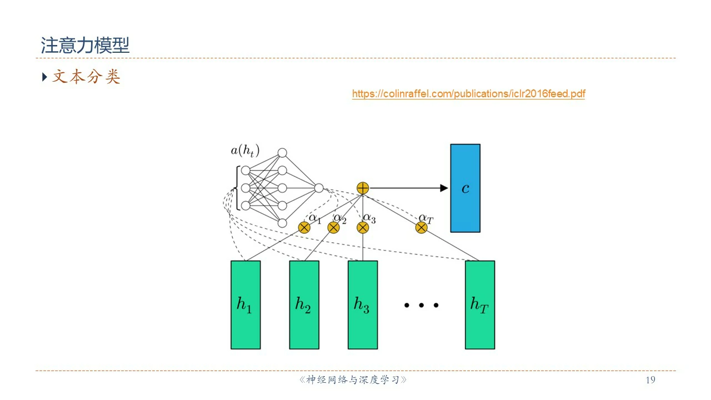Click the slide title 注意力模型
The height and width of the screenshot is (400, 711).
(x=85, y=46)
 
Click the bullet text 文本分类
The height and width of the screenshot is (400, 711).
(x=86, y=77)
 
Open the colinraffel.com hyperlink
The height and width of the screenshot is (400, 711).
(x=468, y=94)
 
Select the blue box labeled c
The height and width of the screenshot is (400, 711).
(x=465, y=188)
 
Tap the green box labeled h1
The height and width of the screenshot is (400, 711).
(x=246, y=305)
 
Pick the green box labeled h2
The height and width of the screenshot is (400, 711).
(x=304, y=305)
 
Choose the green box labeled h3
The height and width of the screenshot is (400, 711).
(x=363, y=305)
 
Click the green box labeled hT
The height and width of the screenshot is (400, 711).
(x=479, y=305)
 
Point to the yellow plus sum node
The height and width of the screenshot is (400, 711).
(x=363, y=188)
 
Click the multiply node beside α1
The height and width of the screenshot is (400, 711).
(x=304, y=227)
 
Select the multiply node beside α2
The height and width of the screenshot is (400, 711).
(x=333, y=227)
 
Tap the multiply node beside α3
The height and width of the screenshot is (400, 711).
(x=363, y=227)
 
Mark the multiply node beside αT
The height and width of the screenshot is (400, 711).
(x=421, y=227)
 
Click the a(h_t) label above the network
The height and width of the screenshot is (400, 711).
(x=245, y=150)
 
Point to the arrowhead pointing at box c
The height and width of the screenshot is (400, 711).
(x=444, y=188)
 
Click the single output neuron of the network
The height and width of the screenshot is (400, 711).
(x=319, y=188)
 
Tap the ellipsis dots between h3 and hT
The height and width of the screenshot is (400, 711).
(x=422, y=305)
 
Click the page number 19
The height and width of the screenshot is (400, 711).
(x=650, y=380)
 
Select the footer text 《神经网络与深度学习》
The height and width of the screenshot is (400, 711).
(x=353, y=380)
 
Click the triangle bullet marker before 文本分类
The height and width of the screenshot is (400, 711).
(x=45, y=77)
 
